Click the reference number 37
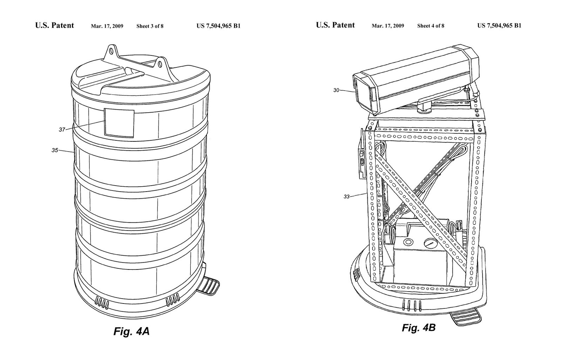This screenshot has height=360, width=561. click(x=62, y=130)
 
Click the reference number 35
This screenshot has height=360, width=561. click(x=55, y=151)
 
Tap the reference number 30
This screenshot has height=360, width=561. click(x=336, y=90)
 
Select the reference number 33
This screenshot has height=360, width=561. click(x=346, y=196)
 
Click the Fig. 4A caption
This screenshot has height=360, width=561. click(x=131, y=331)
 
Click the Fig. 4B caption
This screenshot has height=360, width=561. click(x=418, y=328)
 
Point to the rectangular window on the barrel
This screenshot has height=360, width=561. click(x=119, y=123)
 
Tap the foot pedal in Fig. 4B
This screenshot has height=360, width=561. click(x=466, y=318)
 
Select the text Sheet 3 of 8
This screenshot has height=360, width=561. click(x=150, y=26)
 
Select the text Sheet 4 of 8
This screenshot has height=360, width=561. click(x=431, y=26)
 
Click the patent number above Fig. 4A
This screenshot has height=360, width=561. click(x=218, y=26)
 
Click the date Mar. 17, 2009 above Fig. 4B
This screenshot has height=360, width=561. click(x=388, y=26)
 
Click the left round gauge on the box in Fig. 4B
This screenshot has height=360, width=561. click(x=408, y=242)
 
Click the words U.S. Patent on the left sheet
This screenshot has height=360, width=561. click(x=55, y=25)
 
